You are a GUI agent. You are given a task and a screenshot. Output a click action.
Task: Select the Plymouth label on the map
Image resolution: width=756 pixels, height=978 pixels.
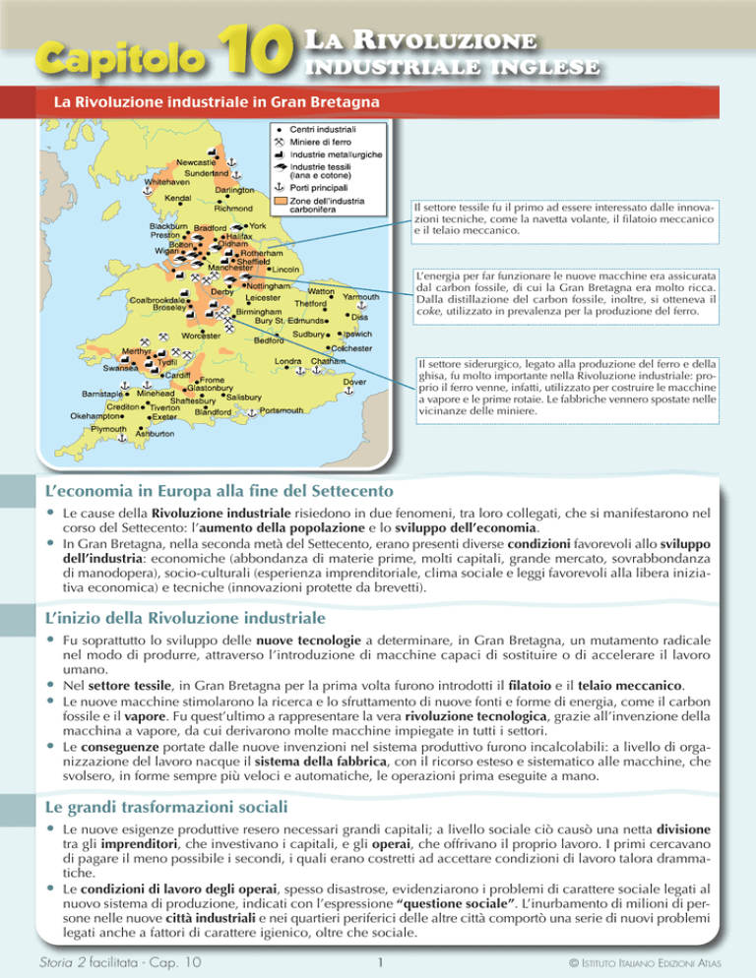pos(108,430)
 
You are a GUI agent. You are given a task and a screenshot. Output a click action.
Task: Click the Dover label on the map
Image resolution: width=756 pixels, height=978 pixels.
pos(354,382)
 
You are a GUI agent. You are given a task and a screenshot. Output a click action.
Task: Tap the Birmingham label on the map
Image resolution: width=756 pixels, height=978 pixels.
pos(259,310)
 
